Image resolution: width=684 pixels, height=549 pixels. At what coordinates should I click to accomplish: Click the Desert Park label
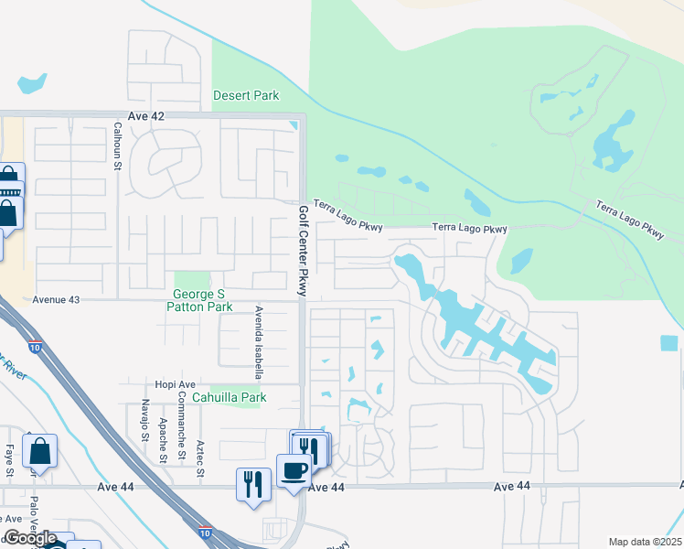(246, 95)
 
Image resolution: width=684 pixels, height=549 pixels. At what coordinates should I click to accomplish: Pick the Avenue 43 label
(57, 299)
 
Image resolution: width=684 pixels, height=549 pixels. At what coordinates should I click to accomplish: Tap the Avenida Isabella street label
(259, 342)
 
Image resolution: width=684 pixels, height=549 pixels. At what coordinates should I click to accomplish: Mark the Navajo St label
(144, 419)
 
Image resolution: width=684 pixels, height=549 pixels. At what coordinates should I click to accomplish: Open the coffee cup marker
(294, 472)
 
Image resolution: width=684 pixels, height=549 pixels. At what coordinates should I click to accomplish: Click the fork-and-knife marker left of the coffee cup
(253, 483)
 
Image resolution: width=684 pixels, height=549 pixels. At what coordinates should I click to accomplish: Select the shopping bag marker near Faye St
(39, 451)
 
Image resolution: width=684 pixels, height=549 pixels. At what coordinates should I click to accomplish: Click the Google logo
(29, 539)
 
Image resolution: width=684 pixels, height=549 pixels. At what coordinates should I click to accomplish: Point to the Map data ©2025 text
(645, 542)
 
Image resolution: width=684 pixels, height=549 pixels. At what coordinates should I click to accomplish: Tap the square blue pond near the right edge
(669, 343)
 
